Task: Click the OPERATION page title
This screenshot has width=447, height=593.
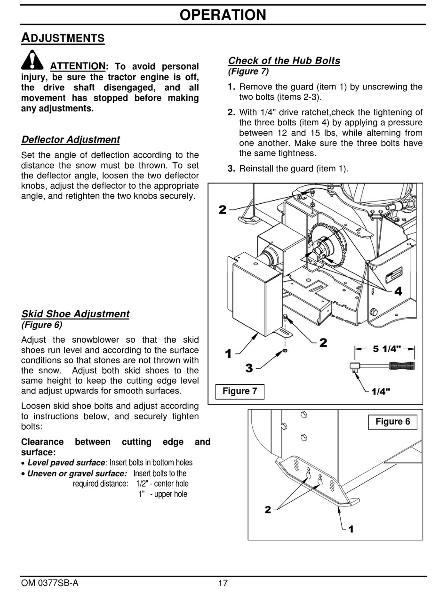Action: [223, 15]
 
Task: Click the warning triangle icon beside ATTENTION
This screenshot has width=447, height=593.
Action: [32, 60]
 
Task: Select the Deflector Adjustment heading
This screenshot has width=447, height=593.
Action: [71, 140]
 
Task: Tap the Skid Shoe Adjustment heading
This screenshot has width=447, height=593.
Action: [75, 314]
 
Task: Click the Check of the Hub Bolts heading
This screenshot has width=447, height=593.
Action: [284, 61]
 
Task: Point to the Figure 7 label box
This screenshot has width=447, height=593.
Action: [239, 391]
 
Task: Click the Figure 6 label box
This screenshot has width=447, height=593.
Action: [392, 422]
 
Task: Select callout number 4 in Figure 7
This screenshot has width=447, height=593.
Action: [398, 291]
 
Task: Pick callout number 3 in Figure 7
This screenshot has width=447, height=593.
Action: [249, 367]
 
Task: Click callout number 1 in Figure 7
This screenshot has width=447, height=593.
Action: [228, 353]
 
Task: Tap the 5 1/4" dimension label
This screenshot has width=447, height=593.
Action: [387, 349]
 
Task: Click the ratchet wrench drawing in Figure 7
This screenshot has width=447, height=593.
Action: [383, 366]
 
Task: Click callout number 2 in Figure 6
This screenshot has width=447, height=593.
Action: [268, 510]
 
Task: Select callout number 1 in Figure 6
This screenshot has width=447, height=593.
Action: [351, 529]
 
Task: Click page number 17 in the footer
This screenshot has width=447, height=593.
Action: [223, 584]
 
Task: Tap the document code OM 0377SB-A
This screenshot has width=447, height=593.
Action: [50, 584]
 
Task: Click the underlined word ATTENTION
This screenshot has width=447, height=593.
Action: [78, 66]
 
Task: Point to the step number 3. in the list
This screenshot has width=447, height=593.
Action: [231, 168]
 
